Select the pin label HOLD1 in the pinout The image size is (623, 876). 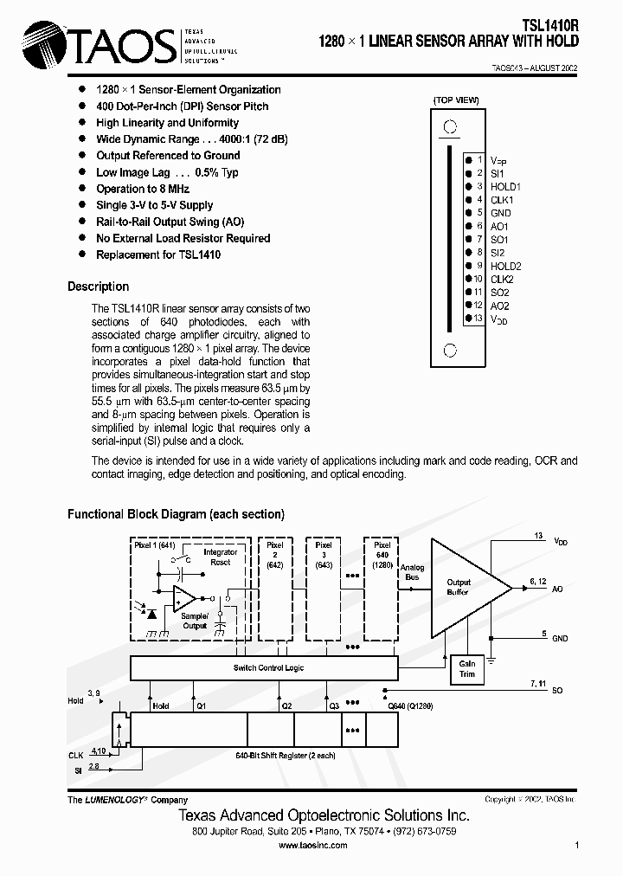point(505,186)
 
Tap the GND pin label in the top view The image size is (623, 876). point(500,213)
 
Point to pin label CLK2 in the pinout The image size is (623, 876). point(502,279)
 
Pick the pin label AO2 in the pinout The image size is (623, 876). point(500,306)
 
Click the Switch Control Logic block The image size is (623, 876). point(264,667)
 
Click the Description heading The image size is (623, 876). point(98,287)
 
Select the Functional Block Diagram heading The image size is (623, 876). point(176,514)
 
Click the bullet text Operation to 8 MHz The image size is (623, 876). point(143,189)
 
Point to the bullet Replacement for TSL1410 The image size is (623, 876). point(157,254)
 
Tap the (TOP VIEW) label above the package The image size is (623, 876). point(456,100)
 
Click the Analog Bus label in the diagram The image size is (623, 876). point(413,572)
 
